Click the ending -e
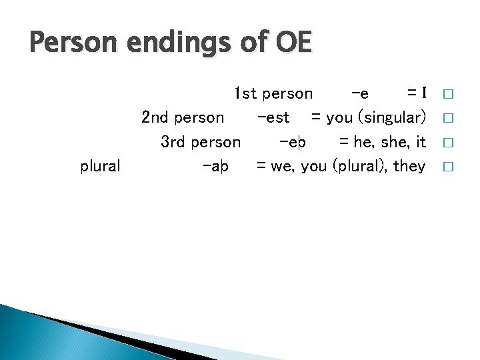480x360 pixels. (359, 93)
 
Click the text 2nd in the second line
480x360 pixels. (155, 118)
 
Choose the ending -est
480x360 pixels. (273, 118)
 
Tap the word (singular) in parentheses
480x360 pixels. (393, 118)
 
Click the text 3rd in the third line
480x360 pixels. (174, 142)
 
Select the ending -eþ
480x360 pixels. (293, 142)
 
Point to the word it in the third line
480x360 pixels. (421, 142)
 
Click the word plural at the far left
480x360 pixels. (100, 167)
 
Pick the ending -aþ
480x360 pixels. (215, 167)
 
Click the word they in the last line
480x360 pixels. (409, 167)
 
